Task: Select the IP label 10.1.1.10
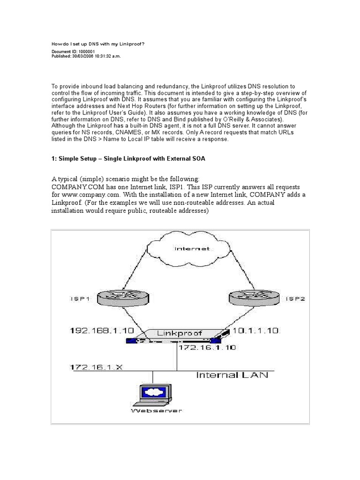pyautogui.click(x=256, y=331)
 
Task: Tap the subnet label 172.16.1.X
pyautogui.click(x=96, y=367)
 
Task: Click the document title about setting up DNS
pyautogui.click(x=98, y=44)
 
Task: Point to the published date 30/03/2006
pyautogui.click(x=84, y=56)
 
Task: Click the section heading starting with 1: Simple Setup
pyautogui.click(x=128, y=159)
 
